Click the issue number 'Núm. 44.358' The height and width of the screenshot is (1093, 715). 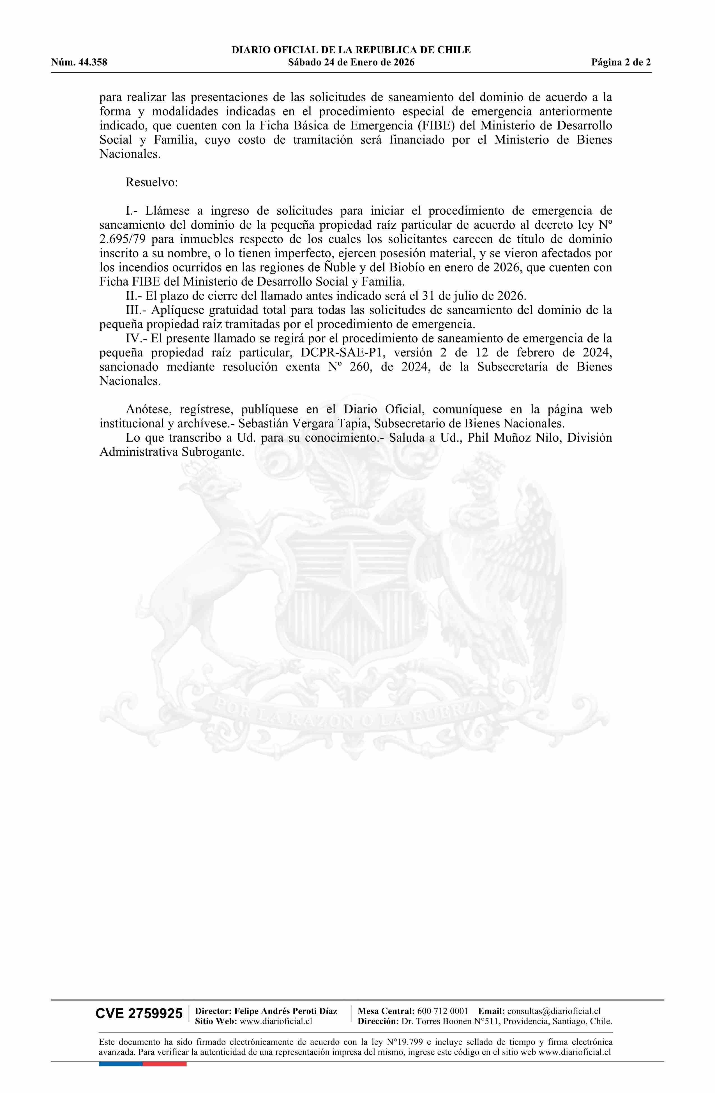click(79, 62)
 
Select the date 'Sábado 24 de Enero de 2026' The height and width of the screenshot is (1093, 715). click(351, 62)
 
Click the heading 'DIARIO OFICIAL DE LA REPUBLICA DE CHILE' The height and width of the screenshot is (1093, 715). click(351, 50)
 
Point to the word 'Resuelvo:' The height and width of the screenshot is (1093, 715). click(152, 182)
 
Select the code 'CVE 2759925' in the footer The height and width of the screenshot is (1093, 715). click(139, 1013)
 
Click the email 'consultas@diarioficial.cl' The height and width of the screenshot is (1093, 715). click(554, 1011)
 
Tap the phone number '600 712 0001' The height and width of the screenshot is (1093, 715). click(442, 1011)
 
